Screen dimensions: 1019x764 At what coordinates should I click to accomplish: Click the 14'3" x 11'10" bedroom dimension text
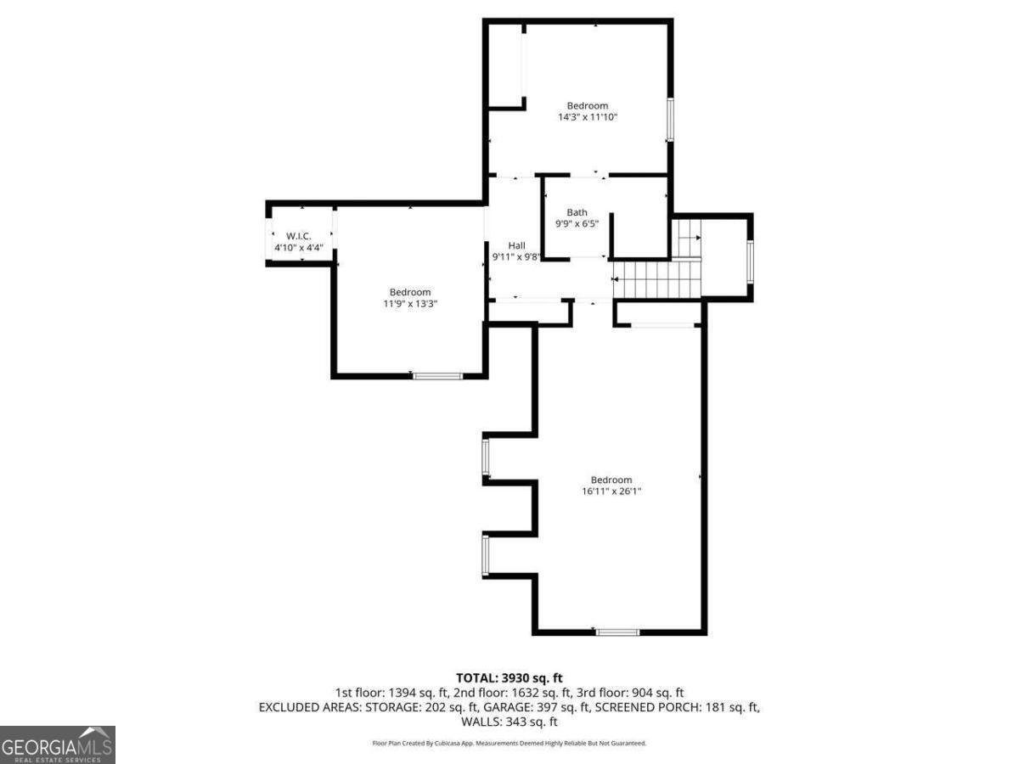coord(588,117)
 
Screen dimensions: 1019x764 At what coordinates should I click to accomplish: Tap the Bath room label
coord(577,212)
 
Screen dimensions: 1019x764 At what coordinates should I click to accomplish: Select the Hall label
coord(516,245)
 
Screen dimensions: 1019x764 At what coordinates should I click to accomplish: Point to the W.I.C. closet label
coord(299,236)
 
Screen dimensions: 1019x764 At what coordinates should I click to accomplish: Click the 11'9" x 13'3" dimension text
coord(410,304)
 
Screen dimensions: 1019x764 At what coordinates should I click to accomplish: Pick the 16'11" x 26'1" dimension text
coord(611,492)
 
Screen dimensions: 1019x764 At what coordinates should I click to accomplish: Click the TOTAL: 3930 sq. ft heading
coord(509,678)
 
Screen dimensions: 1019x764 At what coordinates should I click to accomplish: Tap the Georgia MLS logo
coord(58,744)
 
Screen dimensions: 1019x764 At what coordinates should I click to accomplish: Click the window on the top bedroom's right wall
coord(670,119)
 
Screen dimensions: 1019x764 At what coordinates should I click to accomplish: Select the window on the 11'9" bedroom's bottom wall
coord(438,376)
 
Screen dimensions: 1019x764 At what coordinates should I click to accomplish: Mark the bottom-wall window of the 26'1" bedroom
coord(617,632)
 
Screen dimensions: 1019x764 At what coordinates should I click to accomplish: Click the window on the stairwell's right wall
coord(750,261)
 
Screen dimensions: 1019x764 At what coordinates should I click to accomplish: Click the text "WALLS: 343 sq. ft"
coord(509,722)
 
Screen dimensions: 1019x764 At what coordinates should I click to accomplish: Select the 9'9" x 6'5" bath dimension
coord(577,224)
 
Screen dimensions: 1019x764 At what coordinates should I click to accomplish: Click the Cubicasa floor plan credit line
coord(509,743)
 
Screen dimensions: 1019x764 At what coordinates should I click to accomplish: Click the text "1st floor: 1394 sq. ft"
coord(392,693)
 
